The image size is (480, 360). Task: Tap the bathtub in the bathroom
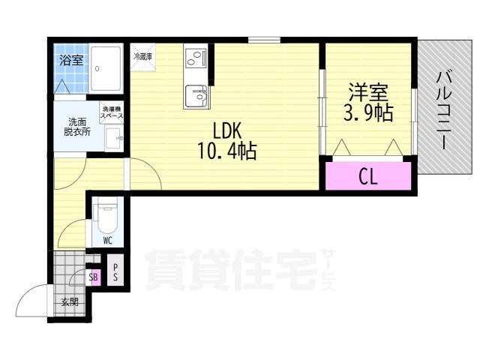[109, 69]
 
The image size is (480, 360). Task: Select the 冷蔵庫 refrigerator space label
[142, 56]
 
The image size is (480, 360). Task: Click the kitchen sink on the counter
[196, 96]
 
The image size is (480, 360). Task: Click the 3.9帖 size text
[368, 114]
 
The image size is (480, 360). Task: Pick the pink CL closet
[367, 177]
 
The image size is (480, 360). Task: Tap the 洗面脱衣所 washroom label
[76, 127]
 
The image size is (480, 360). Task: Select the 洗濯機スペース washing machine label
[112, 114]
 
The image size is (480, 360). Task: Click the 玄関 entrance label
[70, 302]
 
